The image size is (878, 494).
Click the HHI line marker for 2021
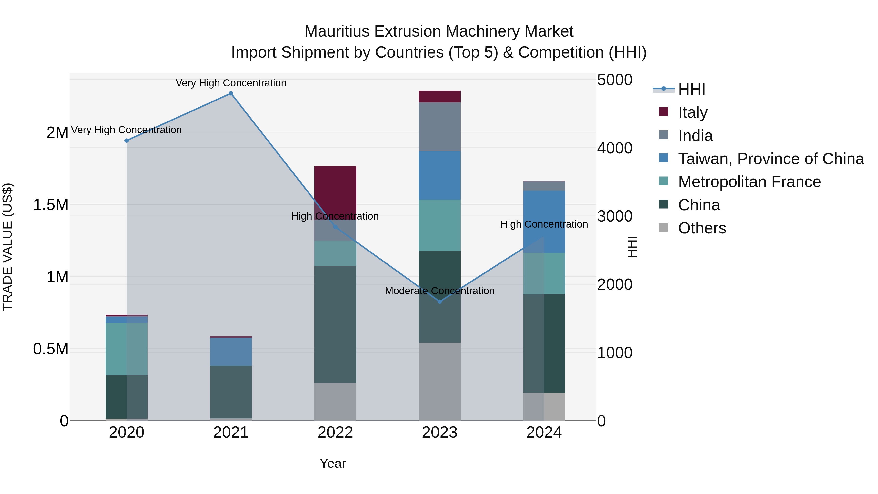point(231,93)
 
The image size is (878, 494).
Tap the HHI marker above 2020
point(126,141)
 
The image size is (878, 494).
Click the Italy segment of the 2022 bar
point(335,191)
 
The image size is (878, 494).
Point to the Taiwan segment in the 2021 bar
point(231,352)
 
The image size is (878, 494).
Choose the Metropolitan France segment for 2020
point(126,349)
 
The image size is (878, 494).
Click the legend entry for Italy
point(693,112)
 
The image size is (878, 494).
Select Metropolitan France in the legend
point(749,182)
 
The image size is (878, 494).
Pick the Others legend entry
point(702,228)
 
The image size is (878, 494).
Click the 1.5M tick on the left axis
point(51,205)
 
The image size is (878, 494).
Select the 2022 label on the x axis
point(335,433)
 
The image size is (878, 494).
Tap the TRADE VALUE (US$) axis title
point(8,247)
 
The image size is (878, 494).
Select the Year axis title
point(333,463)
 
